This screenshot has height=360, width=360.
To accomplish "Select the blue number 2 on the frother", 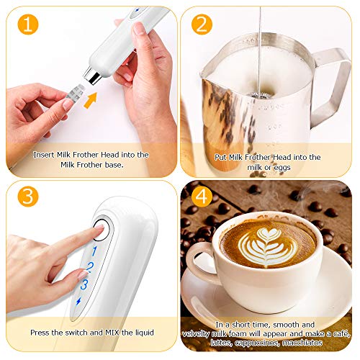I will (x=89, y=268).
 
